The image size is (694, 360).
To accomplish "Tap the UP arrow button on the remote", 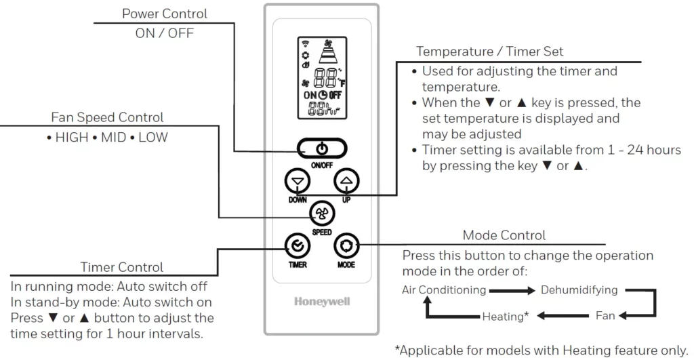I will (346, 180).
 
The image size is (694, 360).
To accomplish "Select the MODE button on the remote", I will (346, 245).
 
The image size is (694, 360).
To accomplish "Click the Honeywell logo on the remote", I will (322, 302).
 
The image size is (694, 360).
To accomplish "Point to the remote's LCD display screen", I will (321, 79).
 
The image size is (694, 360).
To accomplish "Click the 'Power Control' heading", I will (165, 14).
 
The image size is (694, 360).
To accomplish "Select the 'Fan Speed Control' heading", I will (107, 117).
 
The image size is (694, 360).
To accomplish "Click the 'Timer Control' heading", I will (121, 267).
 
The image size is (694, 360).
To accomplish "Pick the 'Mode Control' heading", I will (504, 235).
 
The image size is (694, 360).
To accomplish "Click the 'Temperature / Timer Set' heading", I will (489, 51).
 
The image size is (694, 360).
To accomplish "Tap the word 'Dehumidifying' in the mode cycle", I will (579, 290).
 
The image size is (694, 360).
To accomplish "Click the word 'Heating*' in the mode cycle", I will (505, 316).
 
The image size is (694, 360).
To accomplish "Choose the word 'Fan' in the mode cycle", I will (605, 316).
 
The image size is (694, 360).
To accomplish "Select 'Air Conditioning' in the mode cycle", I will (444, 290).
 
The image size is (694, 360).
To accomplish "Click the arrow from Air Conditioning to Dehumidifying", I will (512, 291).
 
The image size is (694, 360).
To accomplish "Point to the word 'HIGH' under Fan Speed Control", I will (72, 137).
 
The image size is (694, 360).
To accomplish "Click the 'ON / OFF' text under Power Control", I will (165, 33).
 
